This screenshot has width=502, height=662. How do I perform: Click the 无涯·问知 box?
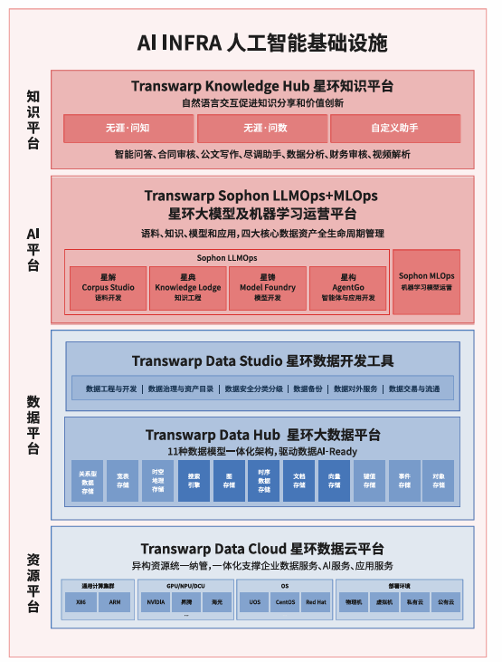coord(128,129)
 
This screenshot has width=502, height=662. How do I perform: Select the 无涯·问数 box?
coord(261,129)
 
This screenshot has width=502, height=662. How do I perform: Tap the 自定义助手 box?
coord(394,129)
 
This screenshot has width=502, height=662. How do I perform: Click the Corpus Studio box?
coord(108,287)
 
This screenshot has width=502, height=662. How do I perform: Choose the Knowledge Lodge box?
coord(188,287)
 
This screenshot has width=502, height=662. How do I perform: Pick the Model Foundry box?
coord(268,287)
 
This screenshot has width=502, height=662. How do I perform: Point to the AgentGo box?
coord(348,287)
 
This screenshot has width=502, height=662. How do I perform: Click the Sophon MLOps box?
coord(426,281)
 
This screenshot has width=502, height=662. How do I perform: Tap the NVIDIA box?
coord(156,601)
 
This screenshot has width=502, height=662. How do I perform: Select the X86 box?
coord(80,601)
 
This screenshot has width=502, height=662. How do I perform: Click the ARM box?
coord(114,601)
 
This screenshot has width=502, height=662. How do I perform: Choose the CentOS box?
coord(285,601)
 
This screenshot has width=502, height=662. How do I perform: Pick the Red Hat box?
coord(316,601)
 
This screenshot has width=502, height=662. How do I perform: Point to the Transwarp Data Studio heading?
coord(262,361)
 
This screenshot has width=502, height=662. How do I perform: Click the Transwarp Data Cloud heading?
coord(262,548)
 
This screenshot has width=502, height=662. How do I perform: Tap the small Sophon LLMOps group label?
coord(228,257)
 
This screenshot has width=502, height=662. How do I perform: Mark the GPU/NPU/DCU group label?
coord(185,586)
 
